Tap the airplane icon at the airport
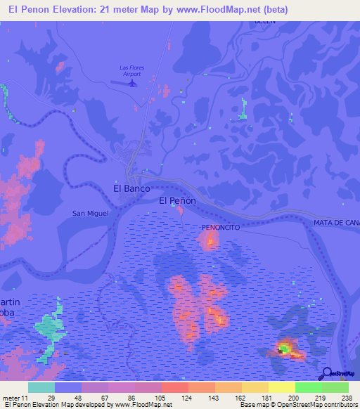(x=131, y=83)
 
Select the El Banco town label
(x=130, y=188)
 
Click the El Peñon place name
(x=176, y=200)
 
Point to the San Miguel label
(x=90, y=213)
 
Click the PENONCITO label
(x=221, y=228)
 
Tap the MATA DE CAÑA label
(x=336, y=223)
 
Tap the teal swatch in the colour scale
(x=41, y=387)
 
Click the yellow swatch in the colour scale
(x=281, y=387)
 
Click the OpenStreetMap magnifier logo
(x=326, y=374)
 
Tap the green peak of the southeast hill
(x=284, y=347)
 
